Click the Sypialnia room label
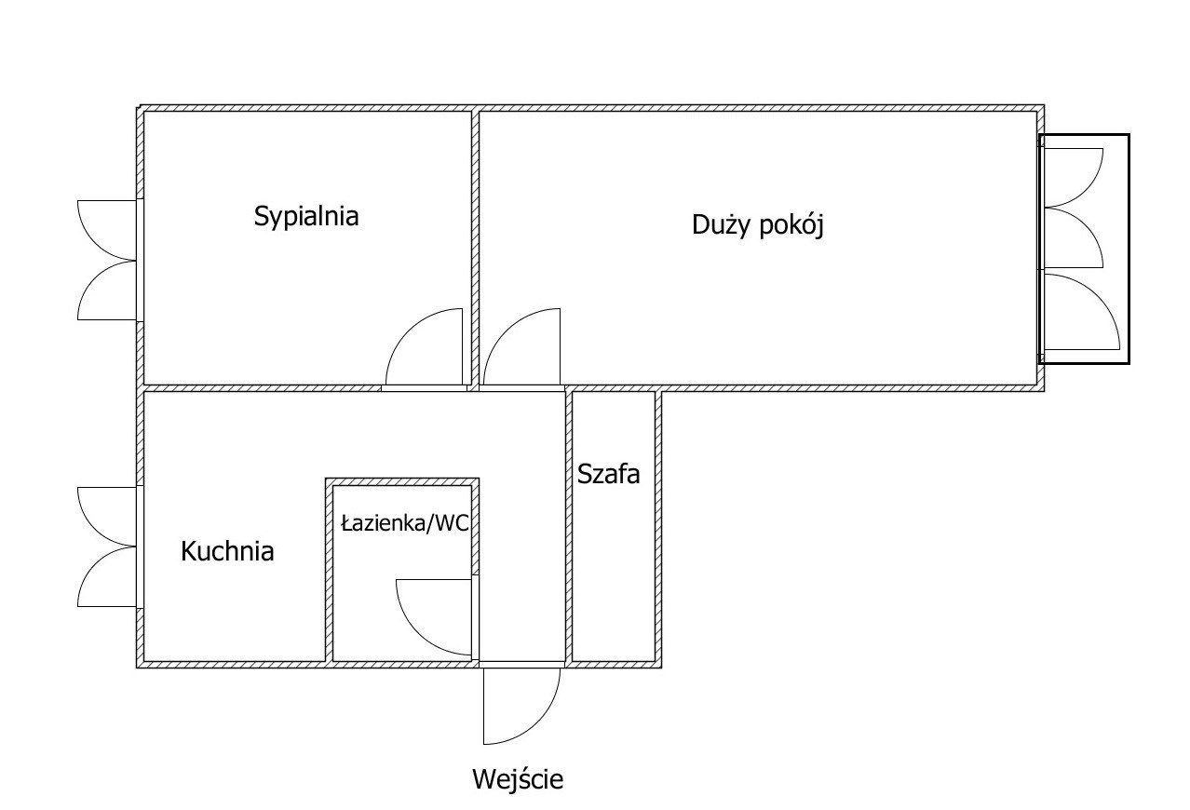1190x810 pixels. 306,216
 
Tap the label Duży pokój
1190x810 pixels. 758,224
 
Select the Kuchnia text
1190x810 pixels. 227,551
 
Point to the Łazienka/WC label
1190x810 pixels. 405,524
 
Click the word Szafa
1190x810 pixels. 608,474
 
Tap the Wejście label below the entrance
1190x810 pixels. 518,779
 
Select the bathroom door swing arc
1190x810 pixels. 418,634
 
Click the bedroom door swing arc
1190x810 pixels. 408,331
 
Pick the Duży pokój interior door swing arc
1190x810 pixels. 506,331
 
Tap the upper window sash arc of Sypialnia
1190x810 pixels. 96,243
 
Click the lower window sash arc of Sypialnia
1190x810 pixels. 96,279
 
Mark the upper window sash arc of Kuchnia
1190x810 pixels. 96,529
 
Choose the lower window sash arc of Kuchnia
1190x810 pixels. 96,565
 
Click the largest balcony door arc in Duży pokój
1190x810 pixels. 1098,296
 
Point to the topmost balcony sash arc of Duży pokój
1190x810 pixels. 1086,190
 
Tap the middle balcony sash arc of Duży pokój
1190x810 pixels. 1086,225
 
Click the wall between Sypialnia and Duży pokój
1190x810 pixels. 476,248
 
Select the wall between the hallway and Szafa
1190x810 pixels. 568,526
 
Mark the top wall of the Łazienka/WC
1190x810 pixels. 402,481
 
